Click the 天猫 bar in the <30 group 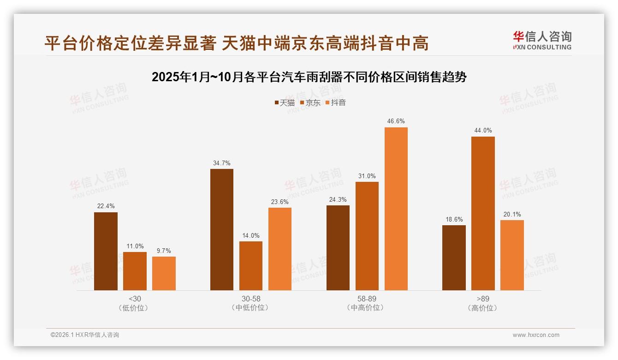(x=106, y=251)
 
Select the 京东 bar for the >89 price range (x=483, y=213)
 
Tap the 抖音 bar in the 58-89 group (x=396, y=209)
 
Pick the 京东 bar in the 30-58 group (x=251, y=266)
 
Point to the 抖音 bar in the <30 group (x=164, y=273)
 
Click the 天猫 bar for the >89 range (x=454, y=258)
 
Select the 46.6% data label (x=396, y=121)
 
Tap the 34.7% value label (x=222, y=163)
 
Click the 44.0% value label (x=483, y=131)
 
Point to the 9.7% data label (x=164, y=251)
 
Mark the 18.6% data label (x=454, y=219)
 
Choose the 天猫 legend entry (x=285, y=102)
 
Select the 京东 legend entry (x=310, y=102)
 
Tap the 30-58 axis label (x=251, y=299)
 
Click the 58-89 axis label (x=367, y=299)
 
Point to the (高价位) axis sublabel (x=483, y=308)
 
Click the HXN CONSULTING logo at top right (x=542, y=41)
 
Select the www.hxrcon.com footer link (x=536, y=335)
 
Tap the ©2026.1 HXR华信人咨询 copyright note (x=85, y=335)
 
